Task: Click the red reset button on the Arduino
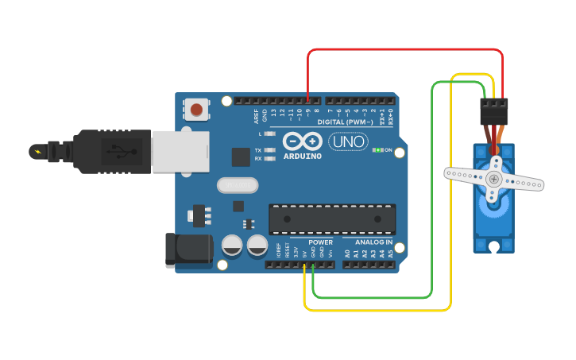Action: click(x=196, y=108)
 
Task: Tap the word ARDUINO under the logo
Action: click(x=302, y=156)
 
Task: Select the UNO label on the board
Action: click(x=348, y=141)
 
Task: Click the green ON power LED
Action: click(x=378, y=149)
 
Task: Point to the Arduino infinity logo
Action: click(x=302, y=141)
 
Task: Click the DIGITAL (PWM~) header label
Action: click(x=345, y=122)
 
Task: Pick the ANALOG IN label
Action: click(x=368, y=242)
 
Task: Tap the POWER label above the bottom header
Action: click(x=320, y=242)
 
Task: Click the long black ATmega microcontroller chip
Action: click(x=332, y=219)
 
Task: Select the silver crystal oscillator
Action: click(x=238, y=185)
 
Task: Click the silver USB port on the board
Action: click(x=180, y=151)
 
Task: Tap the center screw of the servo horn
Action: click(x=494, y=179)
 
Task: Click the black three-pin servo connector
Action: click(x=493, y=111)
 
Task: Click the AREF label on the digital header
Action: click(x=257, y=117)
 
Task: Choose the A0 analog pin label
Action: click(x=347, y=254)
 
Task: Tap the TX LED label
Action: click(x=258, y=149)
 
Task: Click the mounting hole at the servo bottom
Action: click(x=494, y=245)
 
